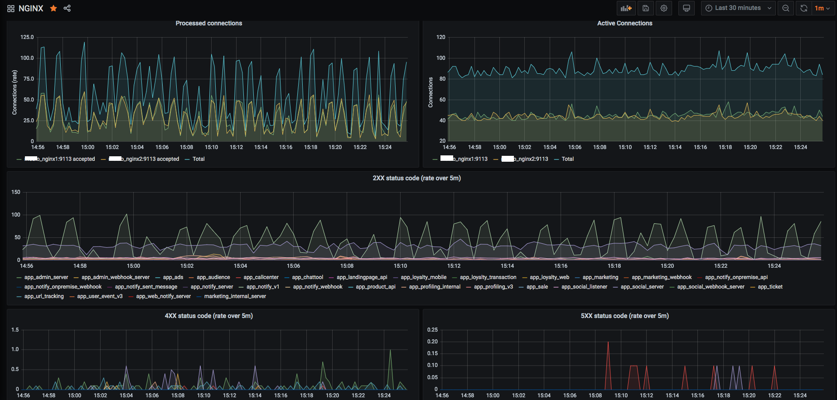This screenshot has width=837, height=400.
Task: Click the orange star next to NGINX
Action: [x=53, y=8]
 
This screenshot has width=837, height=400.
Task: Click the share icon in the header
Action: [x=67, y=8]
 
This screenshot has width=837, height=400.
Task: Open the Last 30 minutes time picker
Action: [x=738, y=8]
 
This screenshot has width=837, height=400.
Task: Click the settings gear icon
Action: [x=664, y=8]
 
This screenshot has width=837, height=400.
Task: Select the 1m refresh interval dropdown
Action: [x=822, y=8]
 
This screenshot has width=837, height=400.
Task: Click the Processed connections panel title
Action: [x=209, y=23]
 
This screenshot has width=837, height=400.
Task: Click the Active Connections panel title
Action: [x=624, y=23]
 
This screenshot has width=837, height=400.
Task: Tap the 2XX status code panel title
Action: [x=416, y=178]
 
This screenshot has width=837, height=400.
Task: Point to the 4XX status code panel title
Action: [x=208, y=316]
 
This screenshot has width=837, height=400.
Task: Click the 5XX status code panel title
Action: [x=624, y=316]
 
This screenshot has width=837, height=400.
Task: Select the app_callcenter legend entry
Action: [x=261, y=277]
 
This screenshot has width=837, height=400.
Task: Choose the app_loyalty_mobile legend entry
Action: [x=423, y=277]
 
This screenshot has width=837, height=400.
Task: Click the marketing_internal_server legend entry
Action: [x=235, y=296]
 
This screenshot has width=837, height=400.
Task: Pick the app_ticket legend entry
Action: [x=770, y=287]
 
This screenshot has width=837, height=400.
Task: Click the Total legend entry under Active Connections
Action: [x=567, y=159]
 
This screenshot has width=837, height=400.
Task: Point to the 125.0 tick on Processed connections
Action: [x=27, y=37]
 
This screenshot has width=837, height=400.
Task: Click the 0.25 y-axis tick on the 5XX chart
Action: [x=432, y=330]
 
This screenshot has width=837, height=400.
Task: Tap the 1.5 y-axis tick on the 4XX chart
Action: [x=15, y=330]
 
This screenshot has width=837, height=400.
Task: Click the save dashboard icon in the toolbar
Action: [x=646, y=8]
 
